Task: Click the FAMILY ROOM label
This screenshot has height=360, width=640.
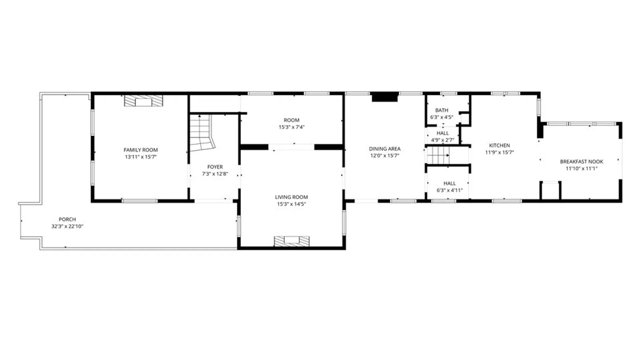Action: click(141, 150)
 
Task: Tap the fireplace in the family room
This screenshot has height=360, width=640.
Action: click(144, 101)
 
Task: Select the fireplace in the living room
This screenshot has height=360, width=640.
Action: click(292, 241)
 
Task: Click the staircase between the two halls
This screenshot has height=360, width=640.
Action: click(438, 155)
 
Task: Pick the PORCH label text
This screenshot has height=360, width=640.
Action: click(67, 219)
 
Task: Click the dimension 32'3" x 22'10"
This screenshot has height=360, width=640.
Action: click(67, 226)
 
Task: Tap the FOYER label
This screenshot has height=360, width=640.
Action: click(215, 167)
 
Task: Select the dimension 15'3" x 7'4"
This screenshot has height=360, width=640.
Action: click(292, 127)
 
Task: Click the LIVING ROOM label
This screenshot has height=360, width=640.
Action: click(291, 197)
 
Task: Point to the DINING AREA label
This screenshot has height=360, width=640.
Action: click(385, 149)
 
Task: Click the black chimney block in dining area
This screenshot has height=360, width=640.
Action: click(385, 97)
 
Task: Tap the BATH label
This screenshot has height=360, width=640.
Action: click(442, 110)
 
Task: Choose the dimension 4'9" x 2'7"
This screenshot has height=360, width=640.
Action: click(443, 140)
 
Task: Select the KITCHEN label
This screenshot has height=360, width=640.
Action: click(499, 145)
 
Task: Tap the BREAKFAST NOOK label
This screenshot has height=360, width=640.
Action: click(582, 162)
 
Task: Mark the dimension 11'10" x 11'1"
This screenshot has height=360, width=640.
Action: click(582, 168)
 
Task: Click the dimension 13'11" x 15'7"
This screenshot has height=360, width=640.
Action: click(141, 157)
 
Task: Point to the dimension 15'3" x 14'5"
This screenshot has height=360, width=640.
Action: click(291, 204)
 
